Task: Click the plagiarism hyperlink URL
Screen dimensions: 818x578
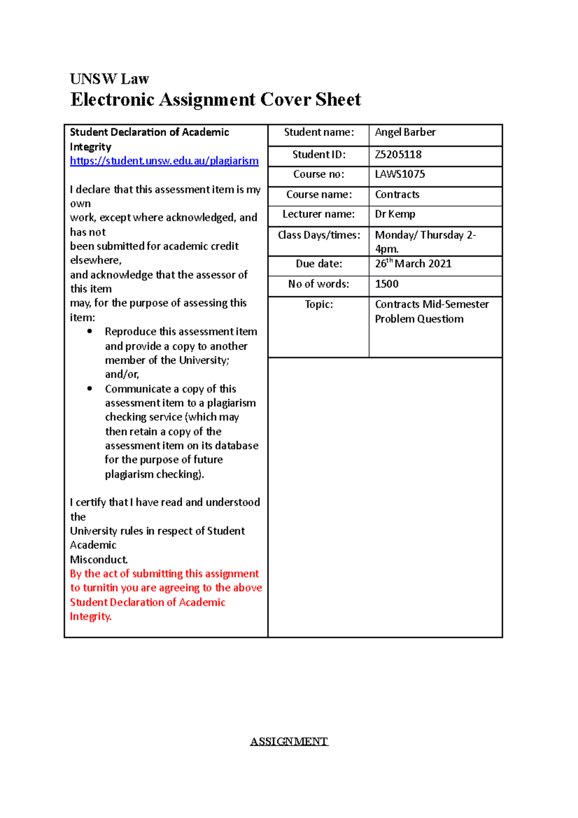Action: pyautogui.click(x=164, y=161)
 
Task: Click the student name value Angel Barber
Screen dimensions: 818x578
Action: pyautogui.click(x=405, y=132)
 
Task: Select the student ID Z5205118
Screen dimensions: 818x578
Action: pyautogui.click(x=398, y=155)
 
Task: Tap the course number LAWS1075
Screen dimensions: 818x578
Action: pyautogui.click(x=400, y=174)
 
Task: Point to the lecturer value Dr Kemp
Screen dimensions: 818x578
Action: pyautogui.click(x=395, y=214)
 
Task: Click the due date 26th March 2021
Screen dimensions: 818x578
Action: pyautogui.click(x=413, y=264)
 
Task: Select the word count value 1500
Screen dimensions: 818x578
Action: pyautogui.click(x=387, y=284)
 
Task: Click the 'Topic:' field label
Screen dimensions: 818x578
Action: pyautogui.click(x=318, y=304)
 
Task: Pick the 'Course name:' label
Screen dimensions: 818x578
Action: pyautogui.click(x=319, y=195)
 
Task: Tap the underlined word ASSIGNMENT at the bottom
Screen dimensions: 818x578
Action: pyautogui.click(x=289, y=741)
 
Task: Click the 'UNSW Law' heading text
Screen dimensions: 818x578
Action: pyautogui.click(x=109, y=79)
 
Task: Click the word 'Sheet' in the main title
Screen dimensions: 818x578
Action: pyautogui.click(x=338, y=100)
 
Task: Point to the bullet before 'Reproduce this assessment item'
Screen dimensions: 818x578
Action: pyautogui.click(x=90, y=331)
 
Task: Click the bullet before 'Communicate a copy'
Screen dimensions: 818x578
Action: pyautogui.click(x=90, y=389)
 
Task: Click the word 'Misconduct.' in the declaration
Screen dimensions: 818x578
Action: pyautogui.click(x=99, y=560)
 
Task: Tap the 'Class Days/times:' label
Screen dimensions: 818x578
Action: pyautogui.click(x=319, y=235)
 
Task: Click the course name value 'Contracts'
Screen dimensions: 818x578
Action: pyautogui.click(x=397, y=195)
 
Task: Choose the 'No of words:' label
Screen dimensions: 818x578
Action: pyautogui.click(x=318, y=284)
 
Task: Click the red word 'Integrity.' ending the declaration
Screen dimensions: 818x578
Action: pyautogui.click(x=91, y=617)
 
